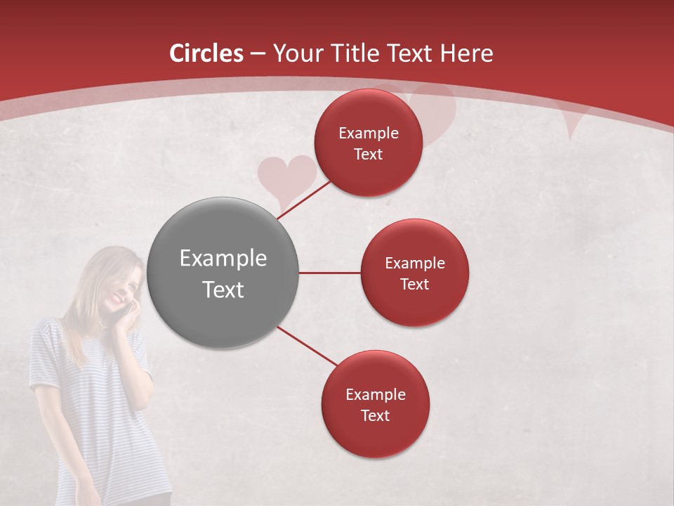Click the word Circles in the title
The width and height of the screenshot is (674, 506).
(x=206, y=53)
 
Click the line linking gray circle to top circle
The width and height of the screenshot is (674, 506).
(x=304, y=199)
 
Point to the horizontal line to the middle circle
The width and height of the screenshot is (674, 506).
(x=329, y=273)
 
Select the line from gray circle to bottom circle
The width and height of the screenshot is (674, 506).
(x=307, y=346)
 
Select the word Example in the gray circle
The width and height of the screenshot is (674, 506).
(x=223, y=259)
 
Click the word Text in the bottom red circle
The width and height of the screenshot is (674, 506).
(x=375, y=415)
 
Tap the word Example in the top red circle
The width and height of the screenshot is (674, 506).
(x=369, y=134)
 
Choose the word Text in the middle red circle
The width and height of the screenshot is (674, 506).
(x=414, y=285)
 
